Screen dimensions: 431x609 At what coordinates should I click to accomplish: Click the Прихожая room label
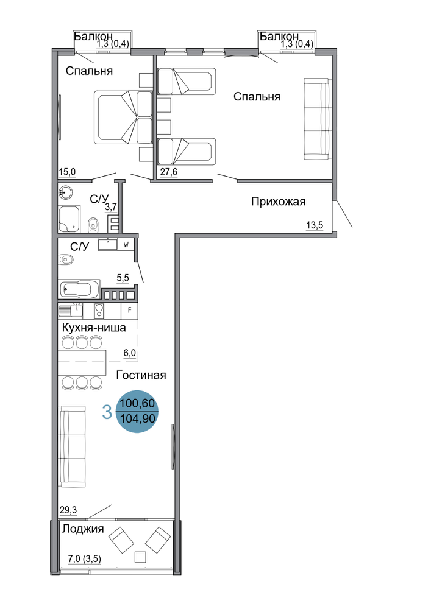tap(278, 202)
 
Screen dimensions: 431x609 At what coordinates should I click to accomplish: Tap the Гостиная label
tap(141, 375)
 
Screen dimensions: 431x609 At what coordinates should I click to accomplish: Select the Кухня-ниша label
tap(94, 328)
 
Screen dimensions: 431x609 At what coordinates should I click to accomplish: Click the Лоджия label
tap(83, 529)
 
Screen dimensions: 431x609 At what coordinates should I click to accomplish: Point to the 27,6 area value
tap(169, 172)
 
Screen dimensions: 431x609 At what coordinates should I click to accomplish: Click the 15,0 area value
tap(67, 172)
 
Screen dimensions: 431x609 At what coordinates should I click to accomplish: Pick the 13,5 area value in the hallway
tap(315, 225)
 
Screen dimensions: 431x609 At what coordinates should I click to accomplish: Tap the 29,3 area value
tap(68, 510)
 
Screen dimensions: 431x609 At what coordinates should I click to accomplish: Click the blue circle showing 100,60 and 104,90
tap(137, 412)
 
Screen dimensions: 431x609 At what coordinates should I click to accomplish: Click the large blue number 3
tap(107, 412)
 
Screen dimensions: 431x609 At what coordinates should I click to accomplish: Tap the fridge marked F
tap(129, 311)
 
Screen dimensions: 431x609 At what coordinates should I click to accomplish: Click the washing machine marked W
tap(126, 245)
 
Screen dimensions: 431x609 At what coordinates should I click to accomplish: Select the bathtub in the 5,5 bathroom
tap(80, 289)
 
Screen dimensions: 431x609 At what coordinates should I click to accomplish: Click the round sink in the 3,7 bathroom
tap(65, 192)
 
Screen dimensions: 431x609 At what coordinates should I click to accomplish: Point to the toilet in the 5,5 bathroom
tap(65, 259)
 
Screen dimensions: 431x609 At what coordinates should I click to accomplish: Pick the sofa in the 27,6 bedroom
tap(318, 119)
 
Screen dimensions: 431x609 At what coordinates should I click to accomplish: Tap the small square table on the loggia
tap(140, 557)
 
